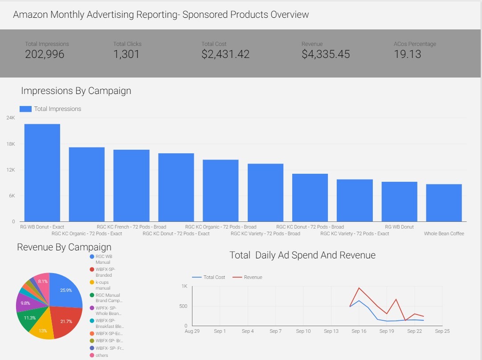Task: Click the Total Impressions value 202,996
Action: coord(45,54)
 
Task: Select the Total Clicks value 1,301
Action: coord(126,54)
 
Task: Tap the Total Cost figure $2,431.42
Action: coord(225,54)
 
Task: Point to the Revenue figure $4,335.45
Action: coord(326,54)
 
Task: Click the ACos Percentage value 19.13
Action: coord(407,54)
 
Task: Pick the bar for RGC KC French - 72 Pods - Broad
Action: coord(131,186)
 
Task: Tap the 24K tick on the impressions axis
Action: coord(10,118)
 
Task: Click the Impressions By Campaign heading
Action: coord(76,91)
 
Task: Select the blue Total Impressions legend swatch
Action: coord(26,109)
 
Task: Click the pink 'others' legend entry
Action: coord(102,355)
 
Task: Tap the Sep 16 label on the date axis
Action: coord(359,331)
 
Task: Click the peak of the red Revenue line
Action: coord(359,288)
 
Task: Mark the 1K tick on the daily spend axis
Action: coord(184,286)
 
